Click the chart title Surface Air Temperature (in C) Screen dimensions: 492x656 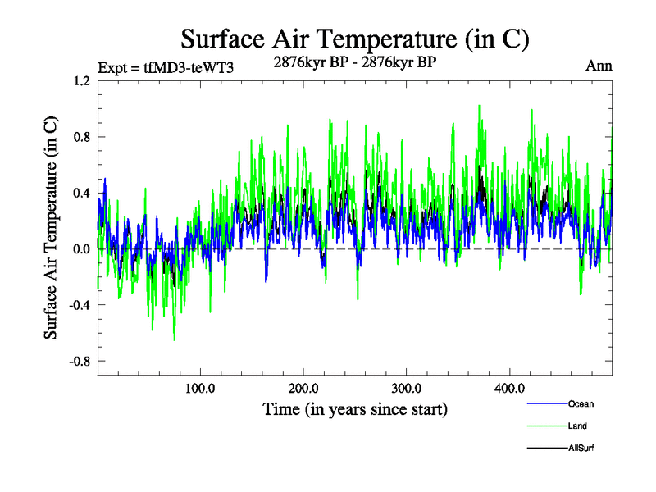(x=355, y=39)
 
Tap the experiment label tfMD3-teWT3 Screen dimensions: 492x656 (x=166, y=67)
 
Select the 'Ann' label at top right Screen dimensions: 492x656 (x=599, y=66)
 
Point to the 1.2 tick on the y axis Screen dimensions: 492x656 (x=81, y=80)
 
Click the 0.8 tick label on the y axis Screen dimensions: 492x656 (x=81, y=137)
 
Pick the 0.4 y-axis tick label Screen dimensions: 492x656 (x=81, y=193)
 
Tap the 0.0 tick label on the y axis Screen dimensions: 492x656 (x=81, y=249)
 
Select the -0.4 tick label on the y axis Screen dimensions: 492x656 (x=79, y=305)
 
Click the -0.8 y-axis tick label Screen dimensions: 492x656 (x=79, y=361)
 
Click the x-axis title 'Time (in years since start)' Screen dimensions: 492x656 (x=355, y=408)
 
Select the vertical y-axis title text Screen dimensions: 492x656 (x=51, y=228)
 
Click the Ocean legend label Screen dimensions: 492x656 (x=581, y=403)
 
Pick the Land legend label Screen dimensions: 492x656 (x=577, y=426)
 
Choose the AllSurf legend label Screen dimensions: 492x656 (x=582, y=448)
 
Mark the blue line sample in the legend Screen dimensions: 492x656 (x=546, y=403)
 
